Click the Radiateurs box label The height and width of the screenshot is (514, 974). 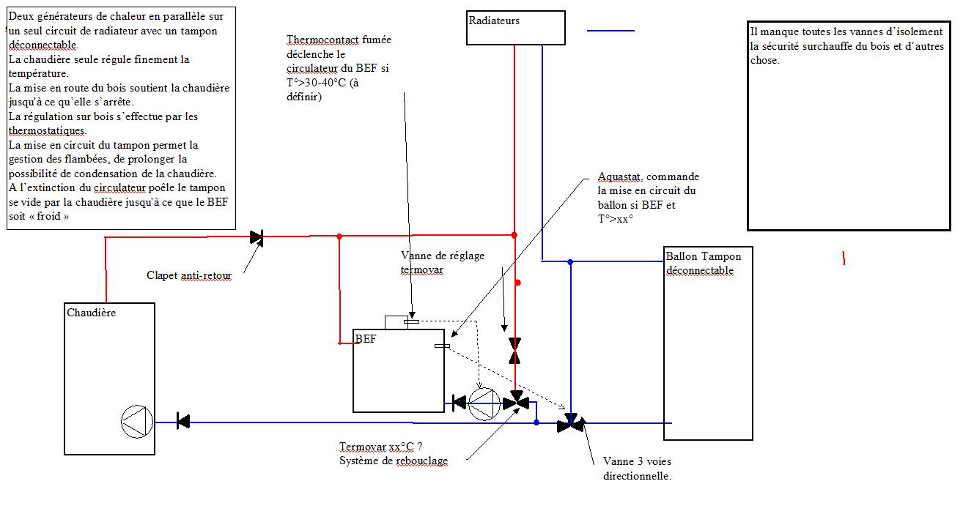click(x=494, y=21)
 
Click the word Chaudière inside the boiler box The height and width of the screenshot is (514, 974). click(x=91, y=313)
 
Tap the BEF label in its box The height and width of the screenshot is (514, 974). click(x=365, y=338)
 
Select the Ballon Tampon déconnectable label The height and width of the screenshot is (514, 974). click(x=703, y=263)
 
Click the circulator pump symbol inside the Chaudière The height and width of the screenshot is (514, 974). click(x=136, y=422)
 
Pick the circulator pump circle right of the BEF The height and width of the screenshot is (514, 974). click(x=484, y=403)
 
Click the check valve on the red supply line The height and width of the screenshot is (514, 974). click(x=257, y=236)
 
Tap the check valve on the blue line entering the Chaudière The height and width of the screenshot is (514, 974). click(x=183, y=421)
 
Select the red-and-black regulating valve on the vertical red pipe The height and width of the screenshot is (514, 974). click(x=514, y=351)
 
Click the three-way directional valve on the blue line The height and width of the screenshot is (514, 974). click(x=570, y=423)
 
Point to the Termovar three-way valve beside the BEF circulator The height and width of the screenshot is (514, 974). click(x=520, y=401)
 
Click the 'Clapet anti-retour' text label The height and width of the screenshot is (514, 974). click(x=189, y=276)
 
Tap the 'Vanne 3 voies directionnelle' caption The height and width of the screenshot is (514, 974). click(x=636, y=469)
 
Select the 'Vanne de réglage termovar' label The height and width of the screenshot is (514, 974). click(x=443, y=262)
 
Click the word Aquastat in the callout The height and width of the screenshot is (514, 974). click(x=620, y=177)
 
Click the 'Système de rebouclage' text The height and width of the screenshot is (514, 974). click(x=394, y=461)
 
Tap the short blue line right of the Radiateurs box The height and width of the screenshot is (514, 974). click(x=610, y=31)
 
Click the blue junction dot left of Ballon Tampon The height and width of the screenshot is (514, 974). click(x=570, y=261)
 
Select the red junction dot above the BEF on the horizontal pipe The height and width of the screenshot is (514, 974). click(x=339, y=236)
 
